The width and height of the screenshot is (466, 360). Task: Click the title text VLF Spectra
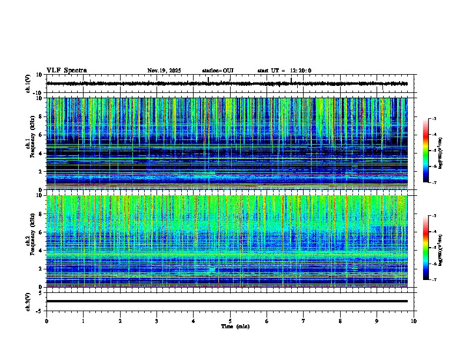(x=66, y=71)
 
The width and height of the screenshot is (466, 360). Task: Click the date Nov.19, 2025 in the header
(x=164, y=71)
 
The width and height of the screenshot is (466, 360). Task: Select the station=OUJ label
(x=218, y=71)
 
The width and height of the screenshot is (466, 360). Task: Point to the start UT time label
(x=284, y=71)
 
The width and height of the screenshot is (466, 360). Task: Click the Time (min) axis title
(x=235, y=326)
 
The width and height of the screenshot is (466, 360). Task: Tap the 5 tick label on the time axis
(x=230, y=321)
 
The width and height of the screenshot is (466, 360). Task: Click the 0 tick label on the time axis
(x=46, y=321)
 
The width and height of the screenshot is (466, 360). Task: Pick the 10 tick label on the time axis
(x=414, y=321)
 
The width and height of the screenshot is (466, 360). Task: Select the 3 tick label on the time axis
(x=157, y=321)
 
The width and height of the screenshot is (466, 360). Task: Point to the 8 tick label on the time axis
(x=340, y=321)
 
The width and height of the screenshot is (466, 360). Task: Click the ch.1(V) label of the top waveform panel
(x=28, y=84)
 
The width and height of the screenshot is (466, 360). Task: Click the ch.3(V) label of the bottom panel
(x=28, y=301)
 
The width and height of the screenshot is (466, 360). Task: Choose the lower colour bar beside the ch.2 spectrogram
(x=427, y=247)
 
